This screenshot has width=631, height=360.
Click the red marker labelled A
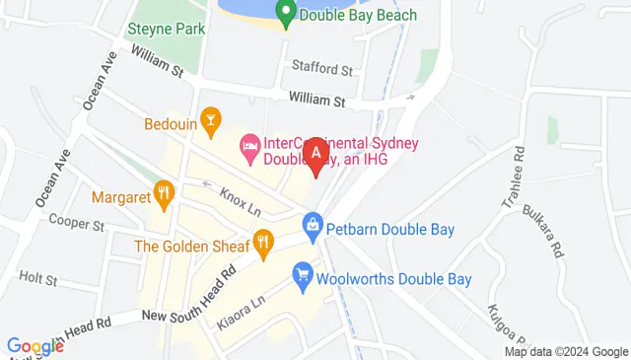pyautogui.click(x=316, y=156)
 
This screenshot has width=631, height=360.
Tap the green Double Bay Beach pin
pyautogui.click(x=285, y=13)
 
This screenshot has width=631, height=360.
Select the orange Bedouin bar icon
pyautogui.click(x=209, y=120)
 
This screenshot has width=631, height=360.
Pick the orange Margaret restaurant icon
pyautogui.click(x=164, y=192)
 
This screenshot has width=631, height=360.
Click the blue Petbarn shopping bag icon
pyautogui.click(x=313, y=225)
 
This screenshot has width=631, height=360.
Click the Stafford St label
pyautogui.click(x=321, y=69)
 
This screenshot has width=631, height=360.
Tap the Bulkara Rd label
pyautogui.click(x=550, y=230)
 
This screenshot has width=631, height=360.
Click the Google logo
pyautogui.click(x=35, y=346)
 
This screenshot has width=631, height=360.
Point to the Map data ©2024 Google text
pyautogui.click(x=566, y=352)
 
